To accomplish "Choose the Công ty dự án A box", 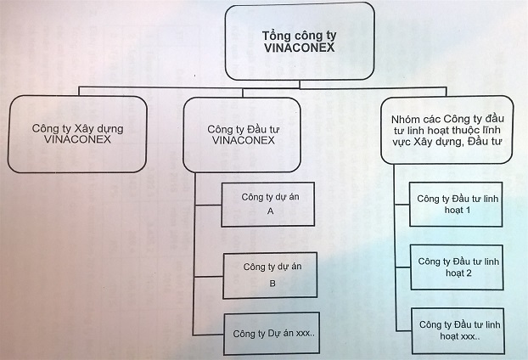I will pyautogui.click(x=269, y=204).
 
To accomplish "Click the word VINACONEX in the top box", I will pyautogui.click(x=301, y=50).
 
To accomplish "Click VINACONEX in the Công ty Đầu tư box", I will pyautogui.click(x=242, y=143).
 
